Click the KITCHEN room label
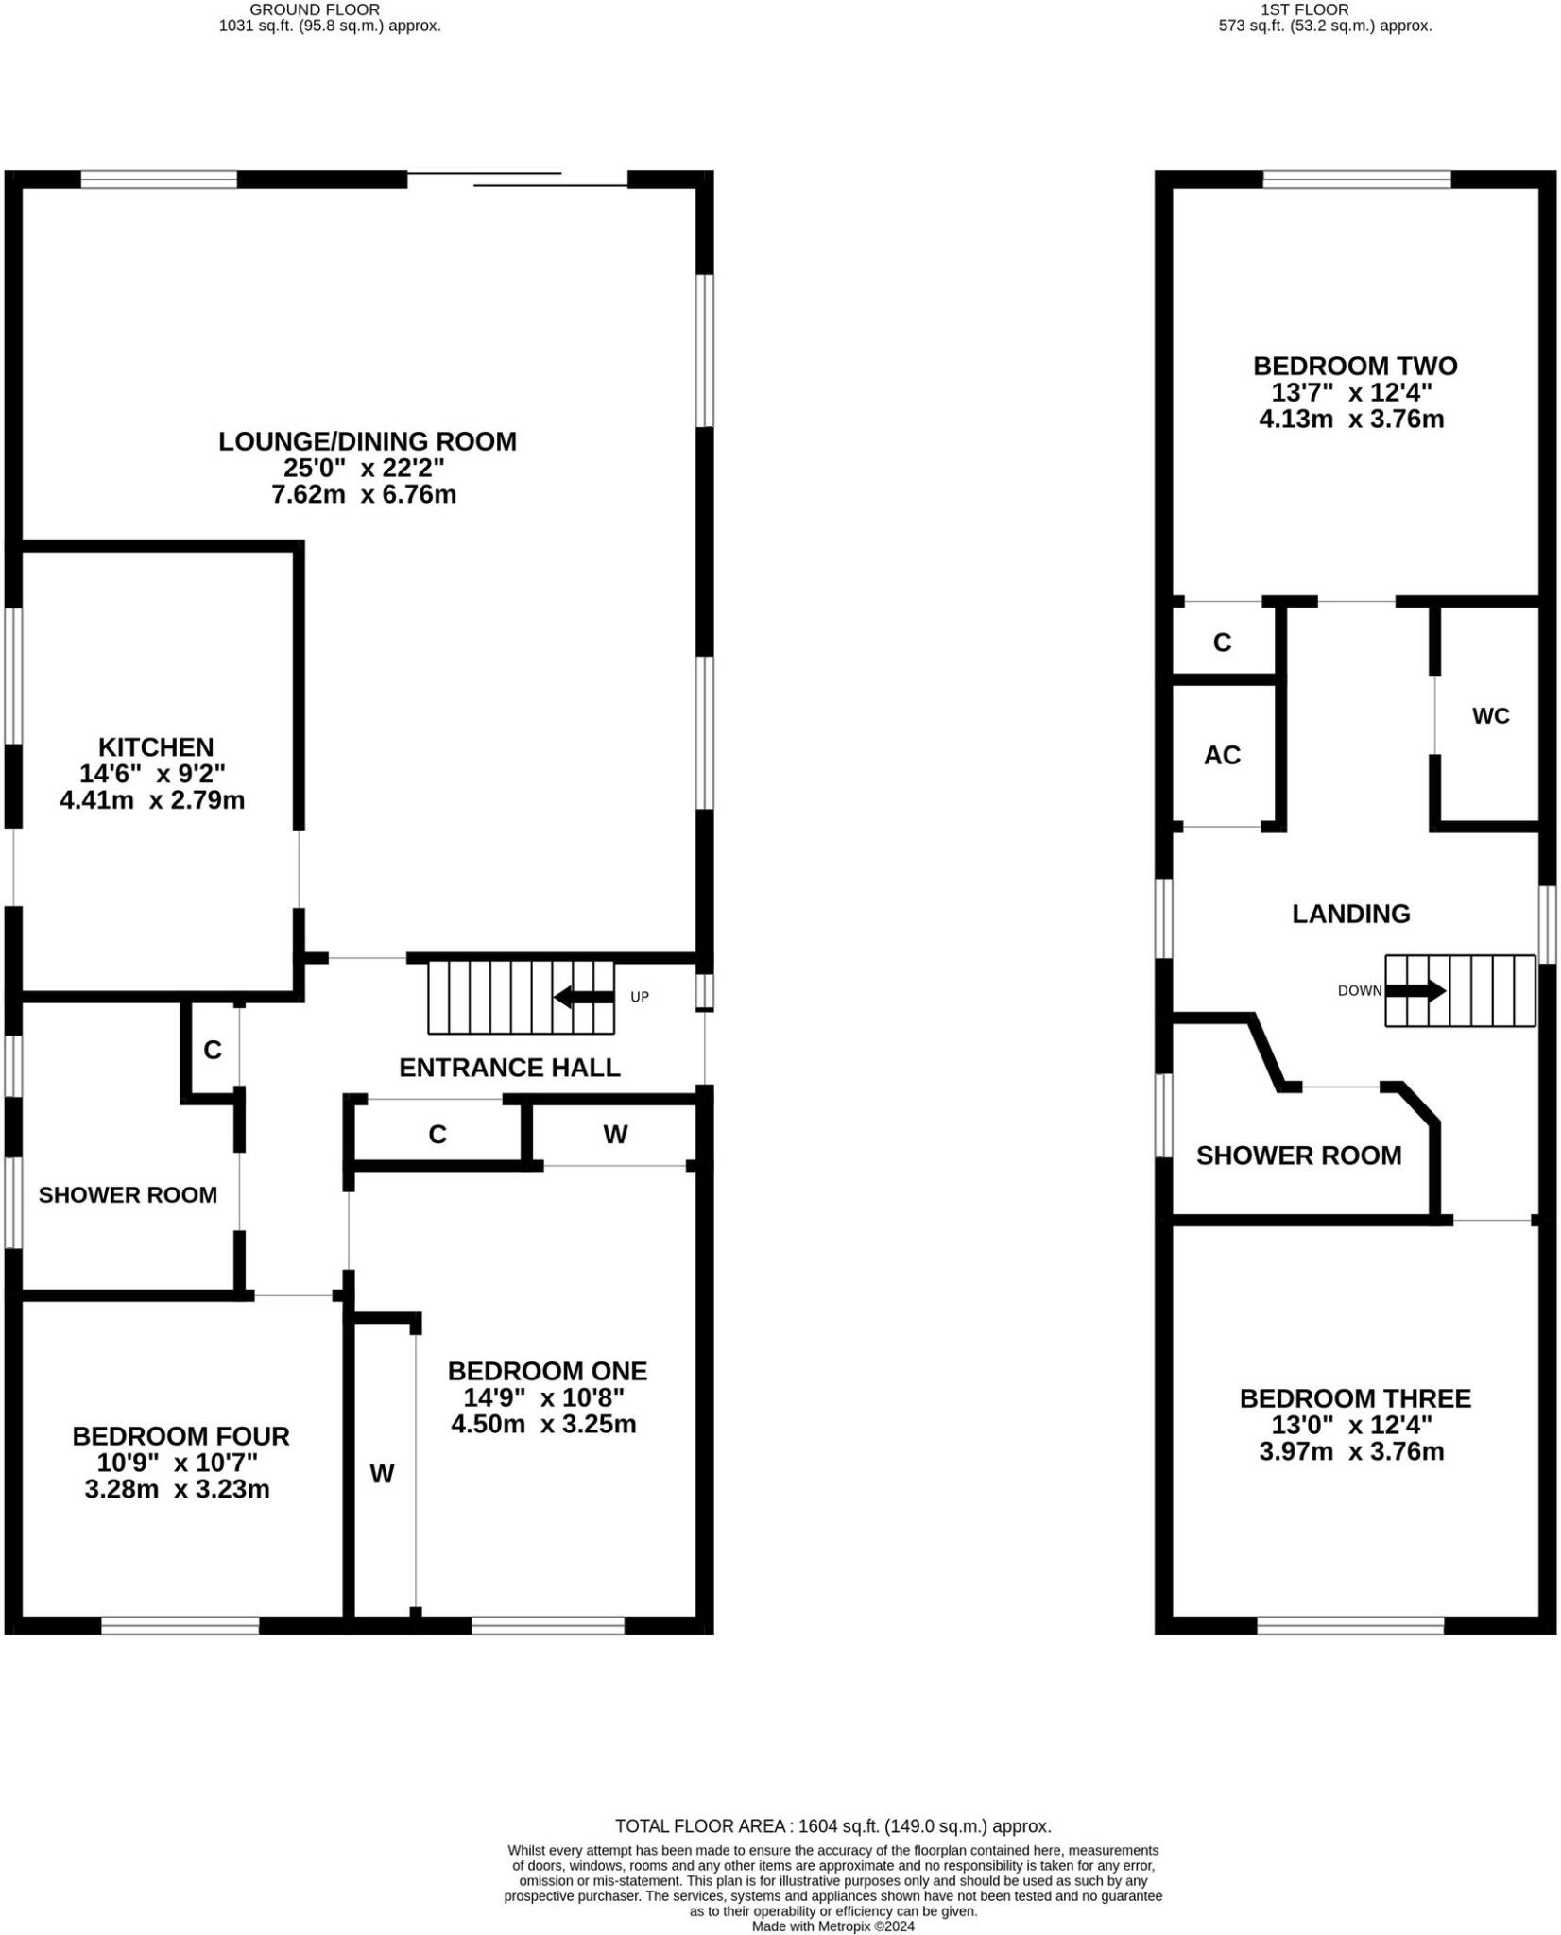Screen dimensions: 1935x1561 (156, 747)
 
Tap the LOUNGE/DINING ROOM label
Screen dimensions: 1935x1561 (367, 441)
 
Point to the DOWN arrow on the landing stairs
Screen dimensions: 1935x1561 (1415, 991)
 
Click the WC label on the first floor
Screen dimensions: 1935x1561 (1490, 716)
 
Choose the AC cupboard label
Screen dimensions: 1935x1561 (1221, 755)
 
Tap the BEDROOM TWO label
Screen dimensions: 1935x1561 (1354, 366)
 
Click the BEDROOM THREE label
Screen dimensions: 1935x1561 (1354, 1398)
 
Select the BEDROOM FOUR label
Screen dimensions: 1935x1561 (180, 1436)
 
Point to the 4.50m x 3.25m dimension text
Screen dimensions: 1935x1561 (543, 1424)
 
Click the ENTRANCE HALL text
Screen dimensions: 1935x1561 (509, 1068)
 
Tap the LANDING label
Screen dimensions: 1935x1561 (1350, 914)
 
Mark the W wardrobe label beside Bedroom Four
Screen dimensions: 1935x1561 (382, 1474)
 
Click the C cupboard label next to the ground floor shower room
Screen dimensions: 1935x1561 (213, 1050)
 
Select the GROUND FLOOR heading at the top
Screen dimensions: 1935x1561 (315, 9)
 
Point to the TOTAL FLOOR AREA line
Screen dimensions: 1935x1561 (832, 1826)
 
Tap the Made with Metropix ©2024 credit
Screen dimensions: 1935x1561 (832, 1926)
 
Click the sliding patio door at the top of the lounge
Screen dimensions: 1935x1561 (518, 180)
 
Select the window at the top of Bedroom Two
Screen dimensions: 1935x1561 (1356, 180)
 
